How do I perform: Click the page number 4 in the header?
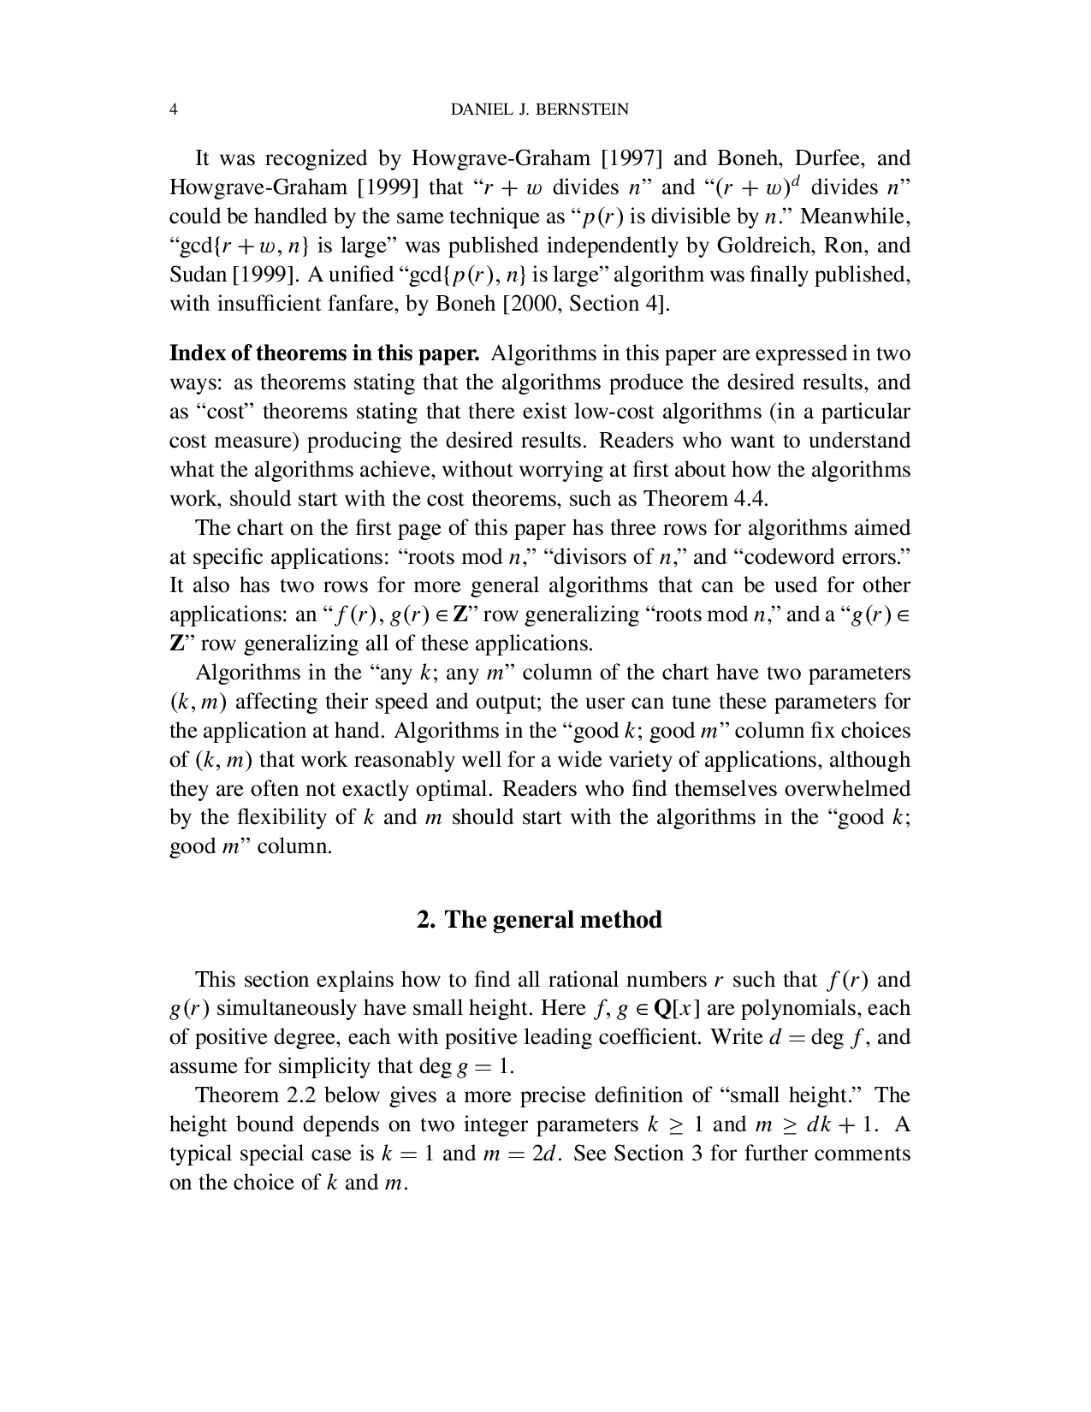point(174,110)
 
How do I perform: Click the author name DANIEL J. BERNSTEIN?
point(539,110)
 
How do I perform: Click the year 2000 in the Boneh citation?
point(535,304)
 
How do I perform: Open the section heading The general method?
point(539,920)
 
